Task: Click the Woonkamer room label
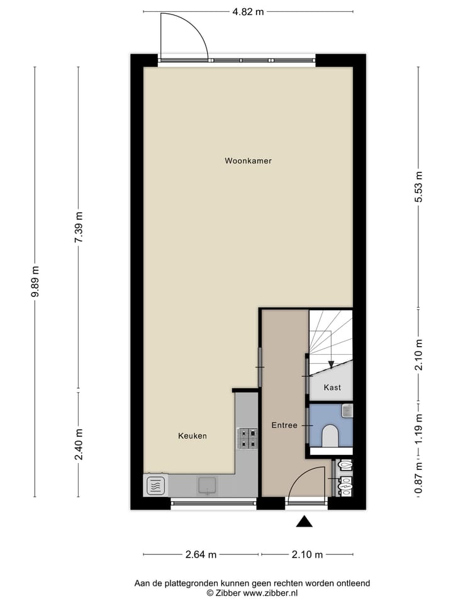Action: [x=248, y=161]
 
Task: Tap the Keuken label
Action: [x=193, y=435]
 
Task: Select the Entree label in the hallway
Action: [x=284, y=425]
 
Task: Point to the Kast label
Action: [x=332, y=388]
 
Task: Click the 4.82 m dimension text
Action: [x=248, y=11]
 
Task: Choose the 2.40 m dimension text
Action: [x=79, y=444]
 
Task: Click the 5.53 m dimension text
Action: [x=420, y=187]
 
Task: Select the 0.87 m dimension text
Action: [x=420, y=482]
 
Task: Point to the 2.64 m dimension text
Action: [x=201, y=554]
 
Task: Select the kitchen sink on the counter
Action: [x=207, y=484]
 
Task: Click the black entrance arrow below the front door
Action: [x=305, y=521]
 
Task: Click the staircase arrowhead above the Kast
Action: [x=331, y=364]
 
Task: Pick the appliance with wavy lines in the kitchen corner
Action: [x=157, y=485]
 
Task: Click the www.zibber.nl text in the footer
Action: [x=271, y=593]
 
